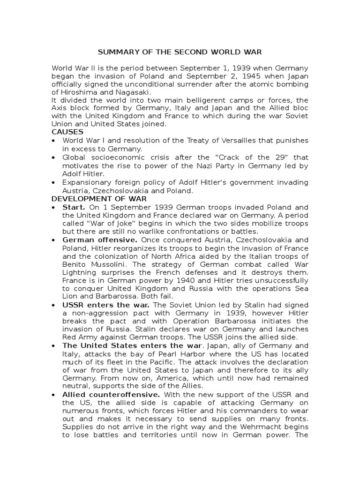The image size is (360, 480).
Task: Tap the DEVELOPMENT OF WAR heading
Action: pos(99,199)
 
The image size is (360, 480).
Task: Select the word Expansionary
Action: pos(86,182)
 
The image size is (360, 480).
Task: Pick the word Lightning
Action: pos(80,273)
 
